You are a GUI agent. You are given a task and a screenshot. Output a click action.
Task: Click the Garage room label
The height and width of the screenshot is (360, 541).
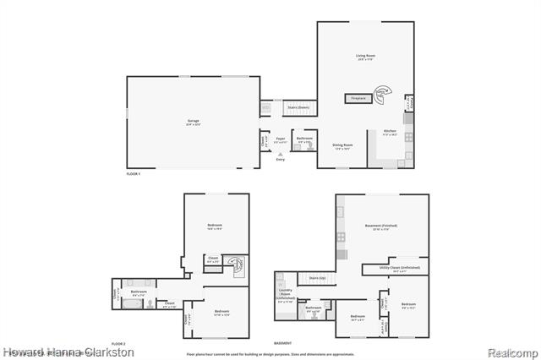click(x=193, y=122)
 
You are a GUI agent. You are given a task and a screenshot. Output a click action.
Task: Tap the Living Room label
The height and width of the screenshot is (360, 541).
click(x=365, y=57)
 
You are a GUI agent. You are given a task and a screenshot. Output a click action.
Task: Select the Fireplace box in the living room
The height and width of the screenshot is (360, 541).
click(x=358, y=99)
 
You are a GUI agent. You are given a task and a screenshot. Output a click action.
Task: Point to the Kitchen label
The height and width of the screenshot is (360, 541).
click(x=390, y=133)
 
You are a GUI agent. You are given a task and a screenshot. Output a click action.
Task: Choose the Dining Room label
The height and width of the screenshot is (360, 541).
click(x=342, y=147)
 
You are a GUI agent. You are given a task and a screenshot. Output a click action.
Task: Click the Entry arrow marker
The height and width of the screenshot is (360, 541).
click(x=280, y=158)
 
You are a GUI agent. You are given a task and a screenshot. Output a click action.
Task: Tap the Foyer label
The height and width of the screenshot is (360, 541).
click(x=280, y=139)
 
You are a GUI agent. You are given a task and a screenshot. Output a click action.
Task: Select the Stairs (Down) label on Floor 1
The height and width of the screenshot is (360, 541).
click(x=298, y=108)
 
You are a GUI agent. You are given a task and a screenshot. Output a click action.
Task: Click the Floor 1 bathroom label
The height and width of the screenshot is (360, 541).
click(x=304, y=139)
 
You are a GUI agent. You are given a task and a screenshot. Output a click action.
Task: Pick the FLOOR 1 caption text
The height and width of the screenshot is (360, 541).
click(x=133, y=173)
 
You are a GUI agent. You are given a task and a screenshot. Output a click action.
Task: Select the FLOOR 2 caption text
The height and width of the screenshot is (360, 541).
click(x=118, y=344)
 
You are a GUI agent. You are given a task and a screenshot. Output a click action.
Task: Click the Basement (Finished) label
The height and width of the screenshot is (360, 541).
click(x=380, y=227)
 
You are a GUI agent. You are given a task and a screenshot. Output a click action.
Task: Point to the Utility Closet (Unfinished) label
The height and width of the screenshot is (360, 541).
click(x=401, y=268)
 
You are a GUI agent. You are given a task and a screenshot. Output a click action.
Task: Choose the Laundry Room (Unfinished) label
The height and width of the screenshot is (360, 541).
click(x=285, y=295)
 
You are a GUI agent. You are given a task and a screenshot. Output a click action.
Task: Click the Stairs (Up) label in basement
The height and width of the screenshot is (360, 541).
click(x=317, y=277)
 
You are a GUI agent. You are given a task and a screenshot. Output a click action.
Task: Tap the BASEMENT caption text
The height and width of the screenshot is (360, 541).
click(x=283, y=344)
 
